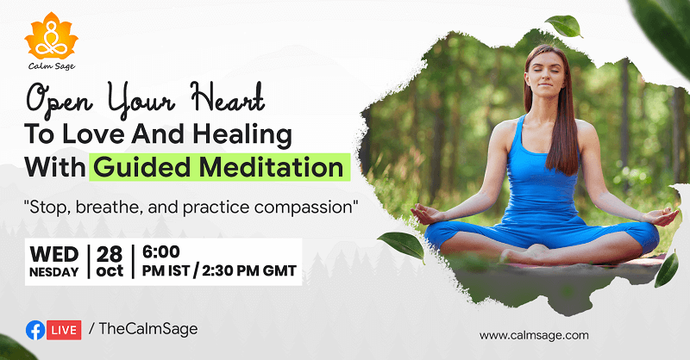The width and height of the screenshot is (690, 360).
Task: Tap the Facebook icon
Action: (x=35, y=329)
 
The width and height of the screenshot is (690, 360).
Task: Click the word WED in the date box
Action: (x=53, y=253)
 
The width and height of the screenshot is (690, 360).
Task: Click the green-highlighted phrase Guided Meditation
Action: (x=218, y=166)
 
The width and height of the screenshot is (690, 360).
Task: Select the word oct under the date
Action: (x=110, y=271)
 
